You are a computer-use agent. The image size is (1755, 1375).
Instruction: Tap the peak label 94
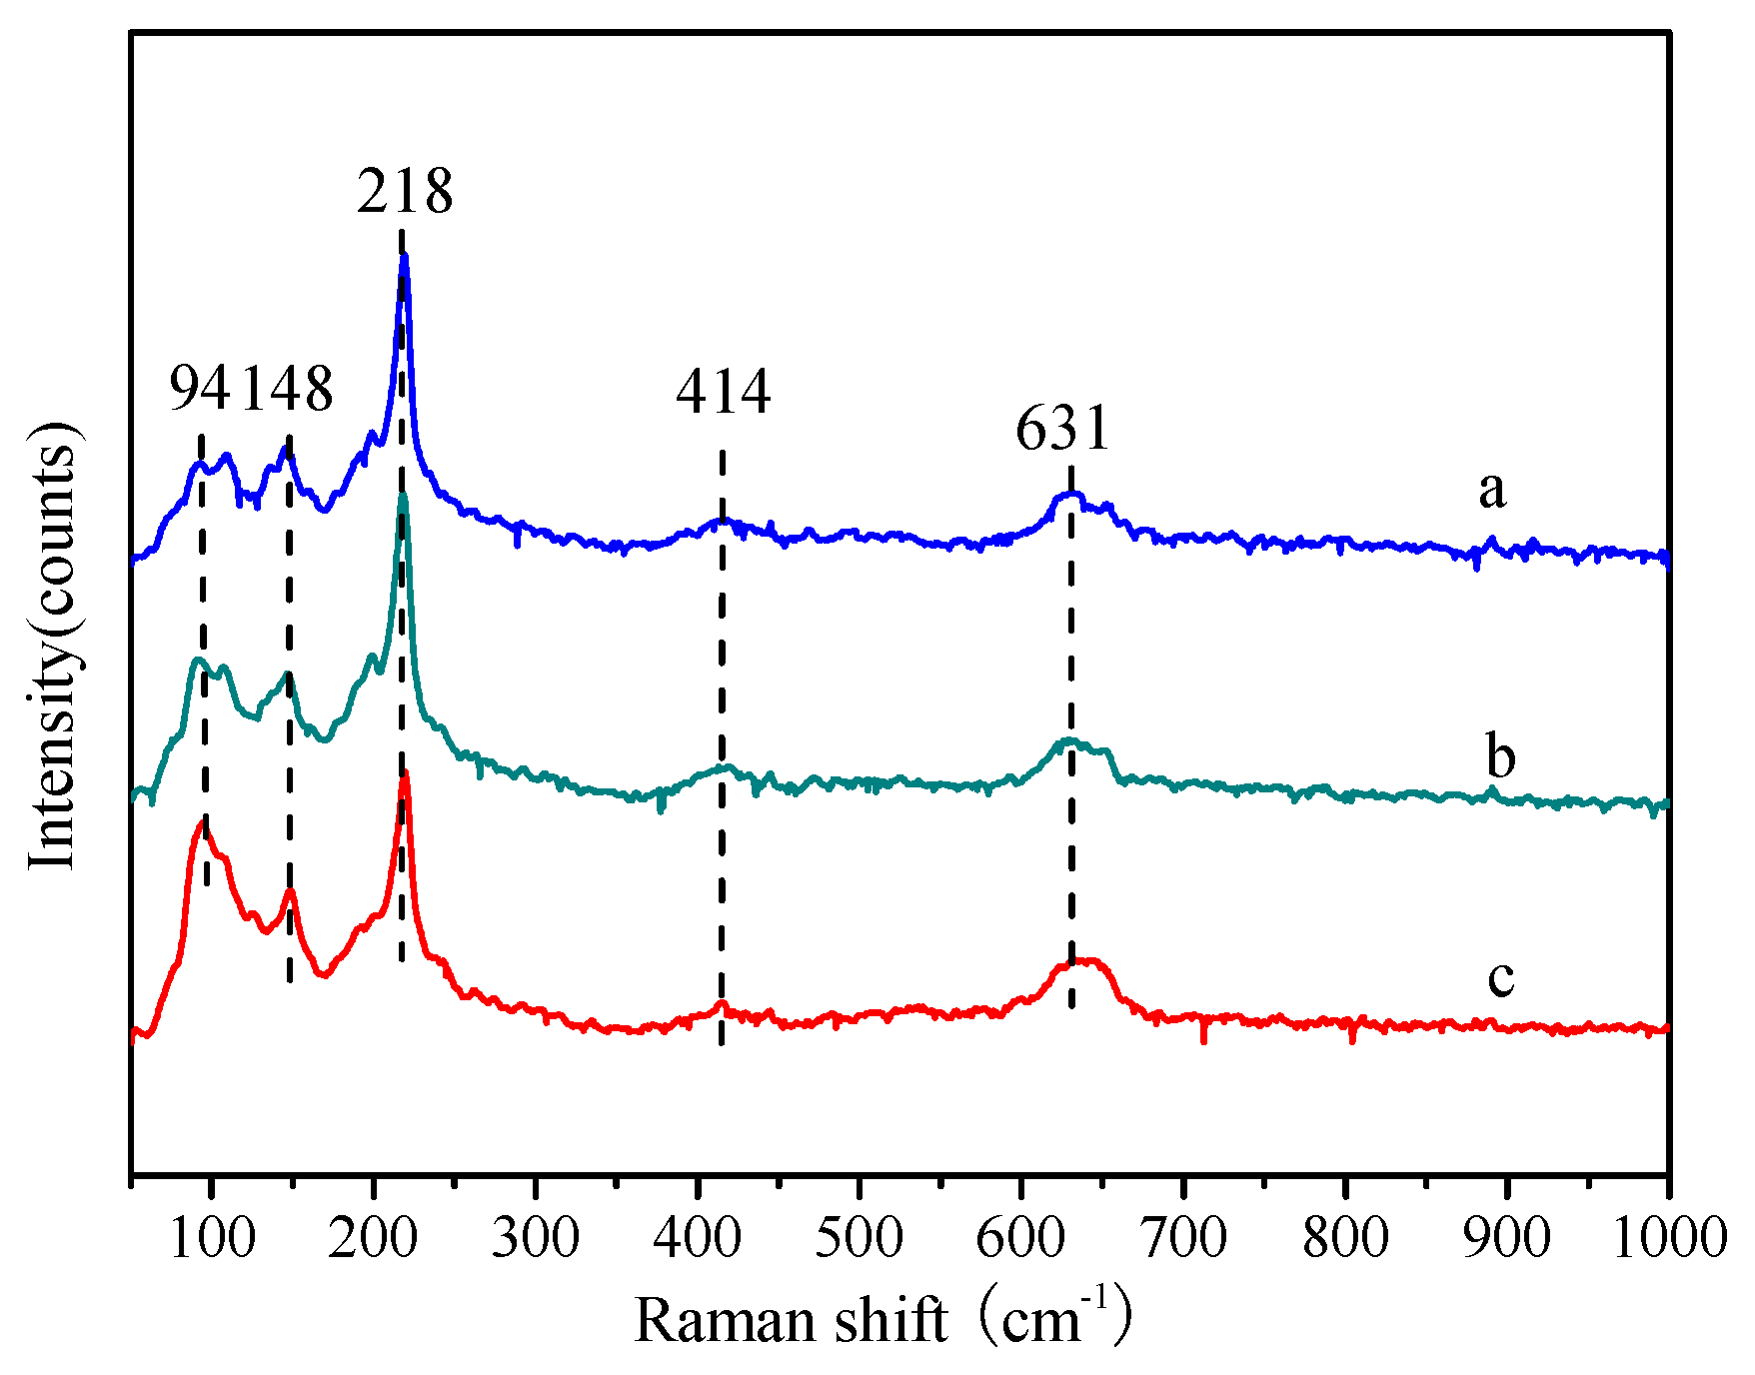199,389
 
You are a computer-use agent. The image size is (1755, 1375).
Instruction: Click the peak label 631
1063,429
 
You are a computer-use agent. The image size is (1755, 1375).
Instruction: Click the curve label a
1491,490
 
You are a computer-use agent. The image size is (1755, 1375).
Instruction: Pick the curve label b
1500,756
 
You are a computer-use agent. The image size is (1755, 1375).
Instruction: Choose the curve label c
1500,975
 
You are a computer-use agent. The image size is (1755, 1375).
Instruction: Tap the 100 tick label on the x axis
211,1238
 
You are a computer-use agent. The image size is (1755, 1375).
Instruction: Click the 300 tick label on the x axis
536,1238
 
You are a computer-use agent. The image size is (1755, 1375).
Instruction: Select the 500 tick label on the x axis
860,1238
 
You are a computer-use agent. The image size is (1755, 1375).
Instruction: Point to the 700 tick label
1184,1238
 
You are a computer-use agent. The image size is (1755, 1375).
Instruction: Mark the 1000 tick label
1669,1238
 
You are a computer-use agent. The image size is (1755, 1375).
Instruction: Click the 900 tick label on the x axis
1508,1238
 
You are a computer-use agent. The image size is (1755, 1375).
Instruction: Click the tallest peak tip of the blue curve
405,256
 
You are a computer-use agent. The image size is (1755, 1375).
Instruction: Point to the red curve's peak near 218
405,773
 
